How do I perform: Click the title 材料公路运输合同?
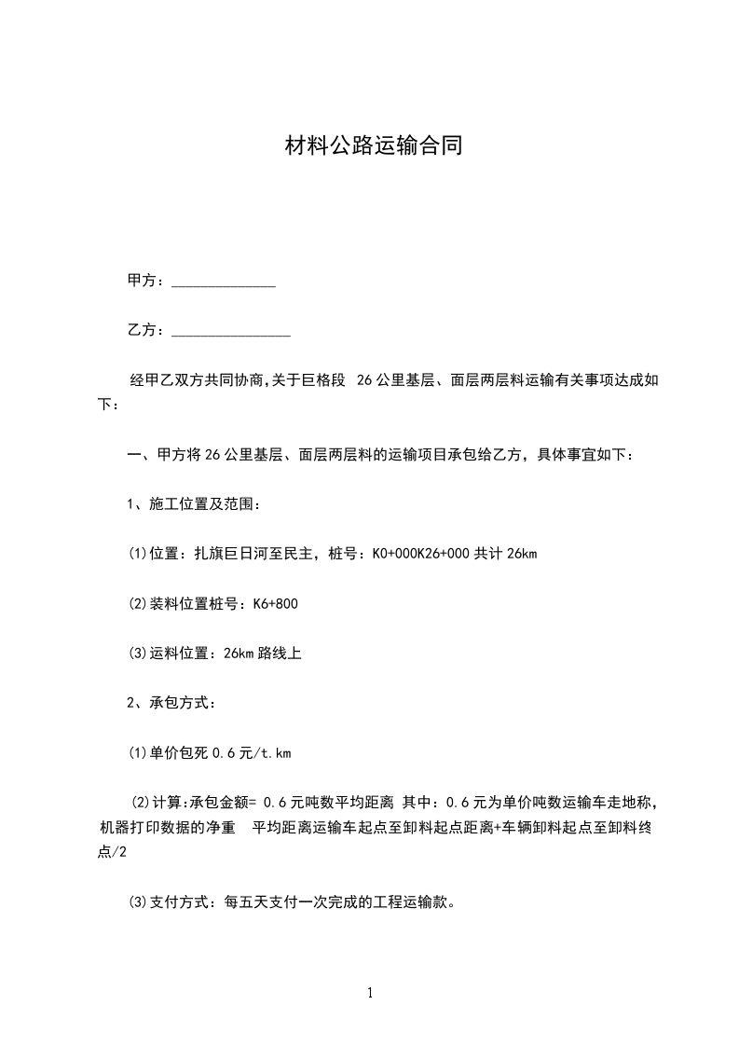tap(373, 146)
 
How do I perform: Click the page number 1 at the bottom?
tap(370, 993)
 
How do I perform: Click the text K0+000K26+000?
tap(421, 555)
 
